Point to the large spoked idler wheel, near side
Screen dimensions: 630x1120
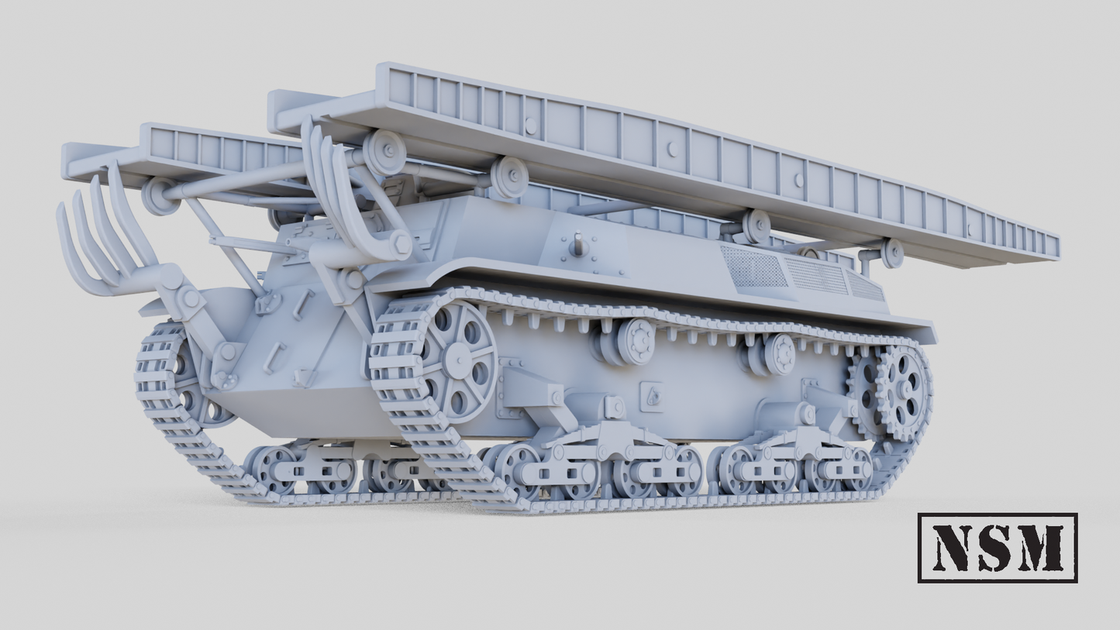[459, 360]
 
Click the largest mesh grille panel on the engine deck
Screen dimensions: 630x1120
[754, 268]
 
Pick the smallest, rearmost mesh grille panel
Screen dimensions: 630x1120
[867, 287]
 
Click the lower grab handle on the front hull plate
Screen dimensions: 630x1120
[273, 357]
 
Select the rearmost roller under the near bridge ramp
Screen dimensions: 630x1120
[892, 252]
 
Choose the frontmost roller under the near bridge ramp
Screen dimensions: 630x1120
[384, 151]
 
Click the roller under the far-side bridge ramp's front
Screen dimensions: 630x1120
[158, 195]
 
